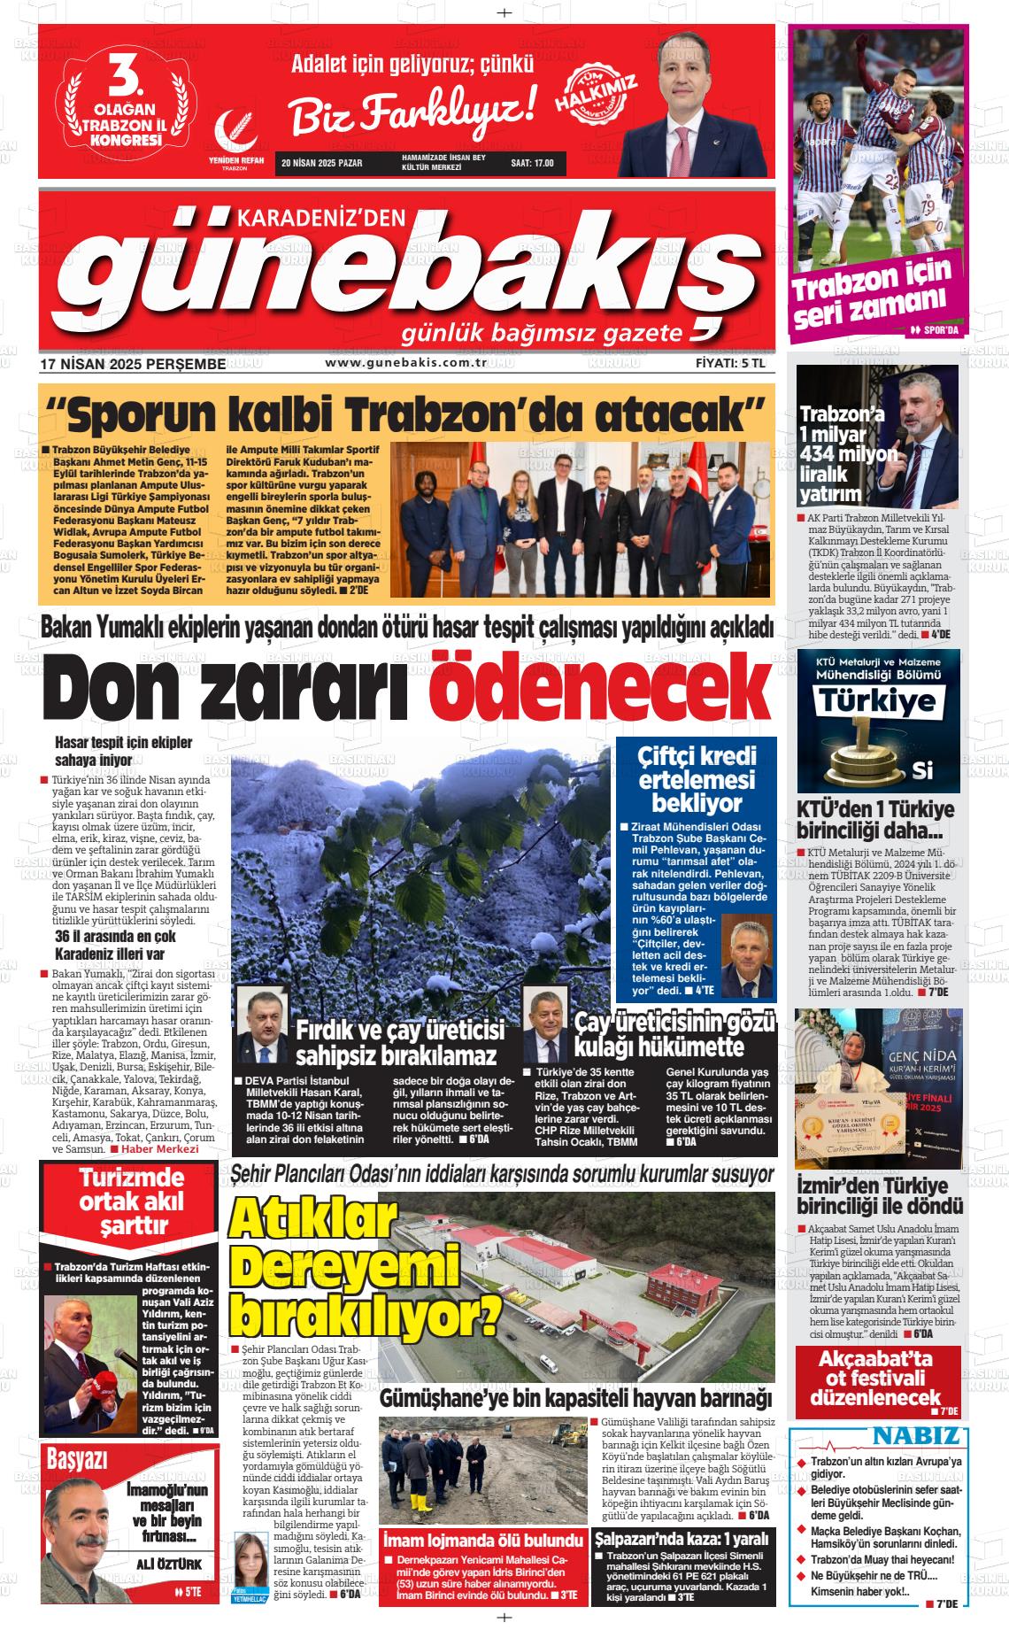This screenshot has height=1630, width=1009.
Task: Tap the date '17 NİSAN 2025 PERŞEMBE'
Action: pyautogui.click(x=133, y=364)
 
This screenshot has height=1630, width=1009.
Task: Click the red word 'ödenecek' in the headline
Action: pyautogui.click(x=598, y=687)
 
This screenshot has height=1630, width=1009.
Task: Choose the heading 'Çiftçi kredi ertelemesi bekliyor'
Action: pyautogui.click(x=697, y=779)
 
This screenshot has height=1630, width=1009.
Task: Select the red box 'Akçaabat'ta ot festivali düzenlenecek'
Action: pyautogui.click(x=876, y=1379)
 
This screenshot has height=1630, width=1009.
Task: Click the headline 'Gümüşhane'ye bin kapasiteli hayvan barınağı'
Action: pyautogui.click(x=576, y=1398)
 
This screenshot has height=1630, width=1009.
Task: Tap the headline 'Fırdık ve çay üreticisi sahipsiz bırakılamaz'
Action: pyautogui.click(x=399, y=1042)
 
